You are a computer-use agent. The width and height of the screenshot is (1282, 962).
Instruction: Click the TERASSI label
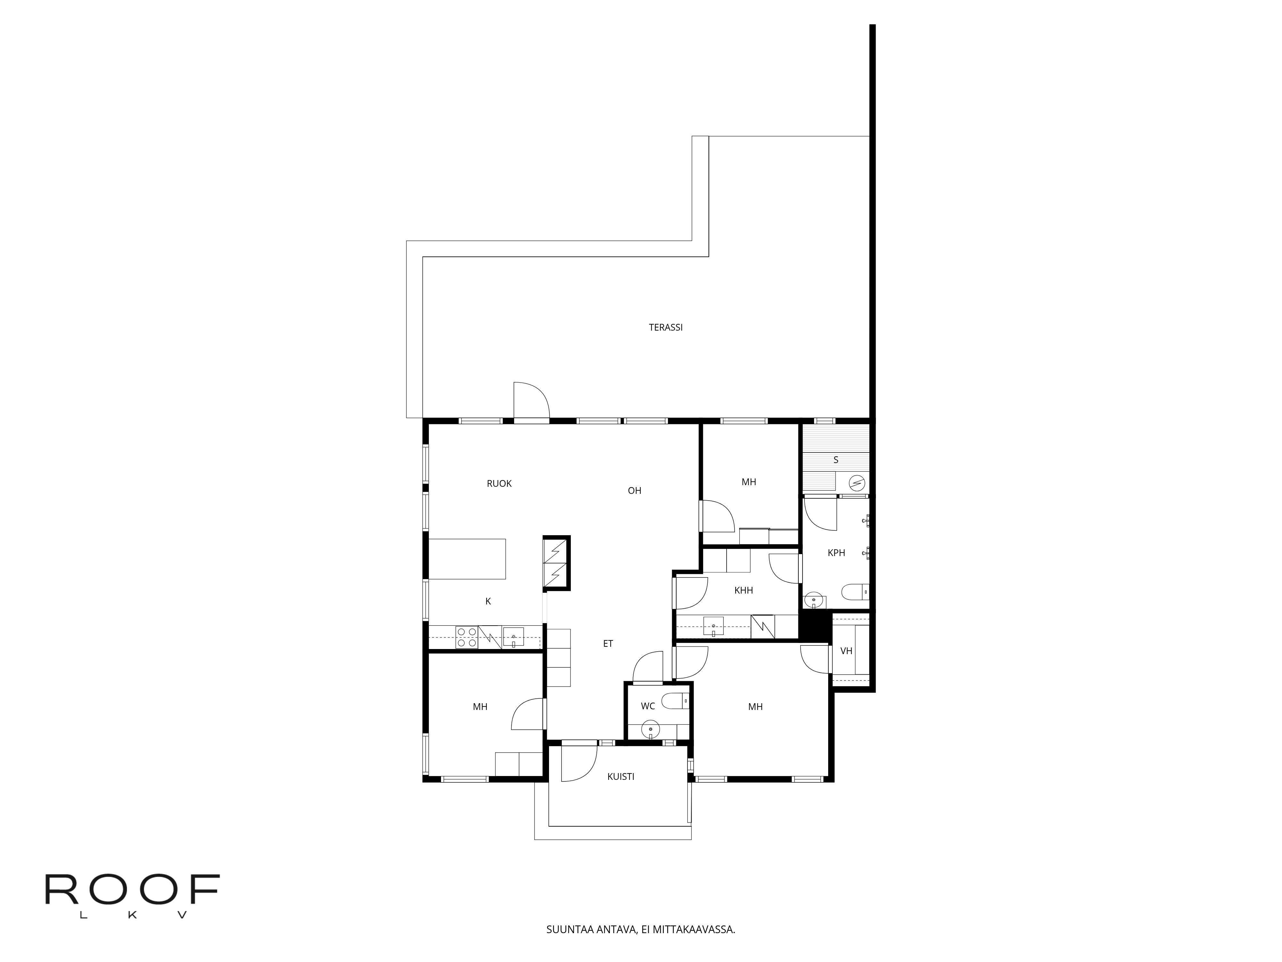[x=665, y=327]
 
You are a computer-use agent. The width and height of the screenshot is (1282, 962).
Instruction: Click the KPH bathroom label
[x=836, y=553]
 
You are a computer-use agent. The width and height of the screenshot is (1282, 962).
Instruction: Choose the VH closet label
[x=846, y=651]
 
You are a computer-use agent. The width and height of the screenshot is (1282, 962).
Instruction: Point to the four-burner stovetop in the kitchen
[x=467, y=637]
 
